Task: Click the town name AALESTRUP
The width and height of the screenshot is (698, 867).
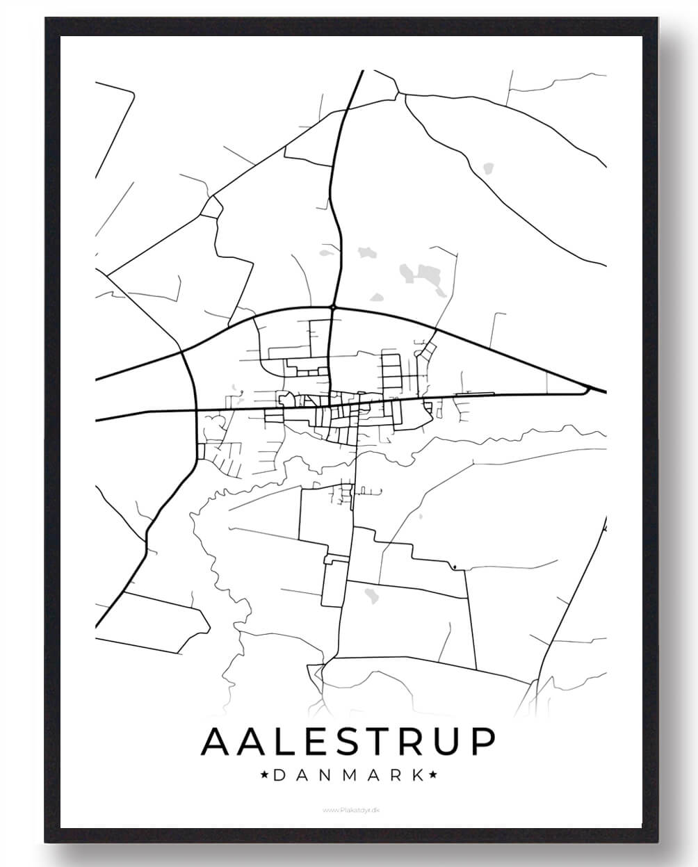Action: tap(348, 741)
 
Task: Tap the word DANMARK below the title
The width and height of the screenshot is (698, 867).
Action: tap(348, 775)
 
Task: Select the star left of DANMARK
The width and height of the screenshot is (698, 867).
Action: tap(264, 775)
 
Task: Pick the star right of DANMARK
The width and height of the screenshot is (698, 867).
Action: tap(432, 775)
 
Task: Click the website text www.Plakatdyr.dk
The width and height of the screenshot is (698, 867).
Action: tap(349, 809)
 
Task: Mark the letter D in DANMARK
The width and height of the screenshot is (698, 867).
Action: tap(280, 775)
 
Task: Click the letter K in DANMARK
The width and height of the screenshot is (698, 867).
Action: tap(416, 775)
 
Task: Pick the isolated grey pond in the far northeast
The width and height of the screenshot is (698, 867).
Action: tap(488, 168)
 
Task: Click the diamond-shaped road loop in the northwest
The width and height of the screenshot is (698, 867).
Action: tap(211, 206)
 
